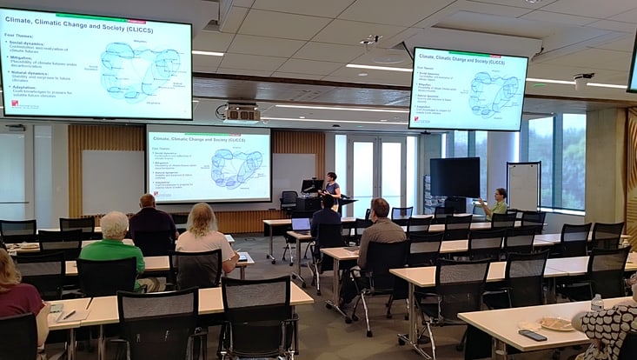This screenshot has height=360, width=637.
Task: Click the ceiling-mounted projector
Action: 242,112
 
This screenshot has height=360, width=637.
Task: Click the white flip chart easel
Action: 523,186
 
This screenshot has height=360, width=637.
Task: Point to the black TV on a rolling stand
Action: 455,177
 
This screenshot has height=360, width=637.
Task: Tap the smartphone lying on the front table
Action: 532,335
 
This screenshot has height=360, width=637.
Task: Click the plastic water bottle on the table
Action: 596,303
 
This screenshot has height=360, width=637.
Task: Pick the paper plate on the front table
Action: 557,323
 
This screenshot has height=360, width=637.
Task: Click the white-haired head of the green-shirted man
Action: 114,224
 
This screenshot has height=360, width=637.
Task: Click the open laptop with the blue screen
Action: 301,224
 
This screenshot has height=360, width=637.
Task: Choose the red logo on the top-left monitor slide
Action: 14,104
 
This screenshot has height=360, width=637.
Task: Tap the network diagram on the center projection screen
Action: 236,168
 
